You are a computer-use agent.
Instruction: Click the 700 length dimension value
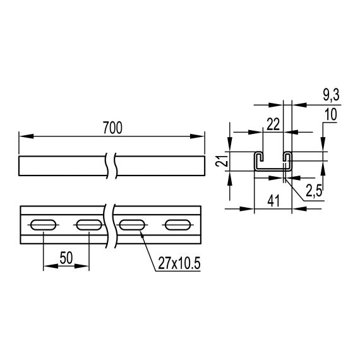(111, 126)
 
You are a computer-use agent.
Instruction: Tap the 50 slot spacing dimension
(66, 257)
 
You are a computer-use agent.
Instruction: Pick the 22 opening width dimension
(273, 124)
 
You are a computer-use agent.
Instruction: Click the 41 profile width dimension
(273, 201)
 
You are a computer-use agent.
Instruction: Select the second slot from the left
(88, 224)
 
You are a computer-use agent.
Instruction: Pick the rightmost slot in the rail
(177, 224)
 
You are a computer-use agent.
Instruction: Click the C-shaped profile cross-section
(273, 161)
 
